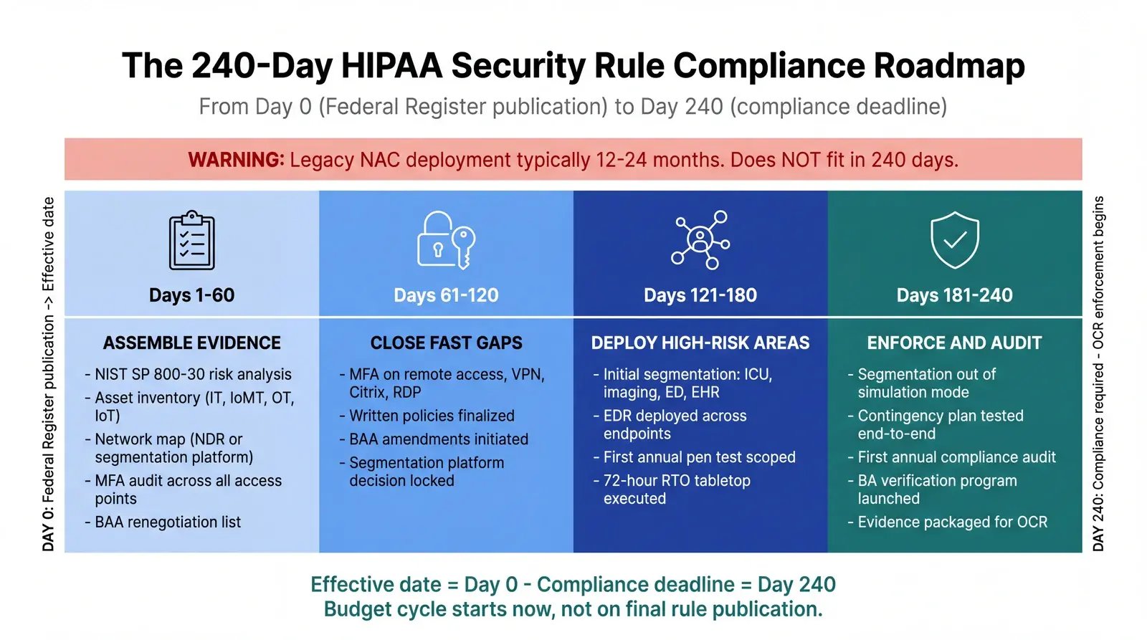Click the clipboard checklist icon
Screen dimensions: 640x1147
191,241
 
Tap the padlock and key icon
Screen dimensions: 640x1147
446,240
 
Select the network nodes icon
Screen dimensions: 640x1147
700,240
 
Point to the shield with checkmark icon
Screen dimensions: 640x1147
955,240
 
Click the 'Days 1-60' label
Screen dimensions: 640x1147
191,295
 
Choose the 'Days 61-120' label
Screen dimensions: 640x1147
446,295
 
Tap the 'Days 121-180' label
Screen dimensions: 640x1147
700,295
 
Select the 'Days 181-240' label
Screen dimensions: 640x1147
955,295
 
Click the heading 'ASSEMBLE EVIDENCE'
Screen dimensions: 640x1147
191,343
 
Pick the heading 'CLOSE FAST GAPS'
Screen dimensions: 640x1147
446,343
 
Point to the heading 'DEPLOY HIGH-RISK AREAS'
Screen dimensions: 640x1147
700,343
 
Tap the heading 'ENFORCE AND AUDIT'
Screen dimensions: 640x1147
955,343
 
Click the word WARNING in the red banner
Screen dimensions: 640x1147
236,160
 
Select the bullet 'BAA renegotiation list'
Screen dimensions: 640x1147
168,522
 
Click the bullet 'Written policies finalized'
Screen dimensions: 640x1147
432,416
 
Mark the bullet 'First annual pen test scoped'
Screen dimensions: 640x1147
699,457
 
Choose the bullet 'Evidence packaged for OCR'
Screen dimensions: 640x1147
952,522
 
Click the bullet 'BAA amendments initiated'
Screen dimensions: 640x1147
439,439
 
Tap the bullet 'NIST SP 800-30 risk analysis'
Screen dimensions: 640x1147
193,374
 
